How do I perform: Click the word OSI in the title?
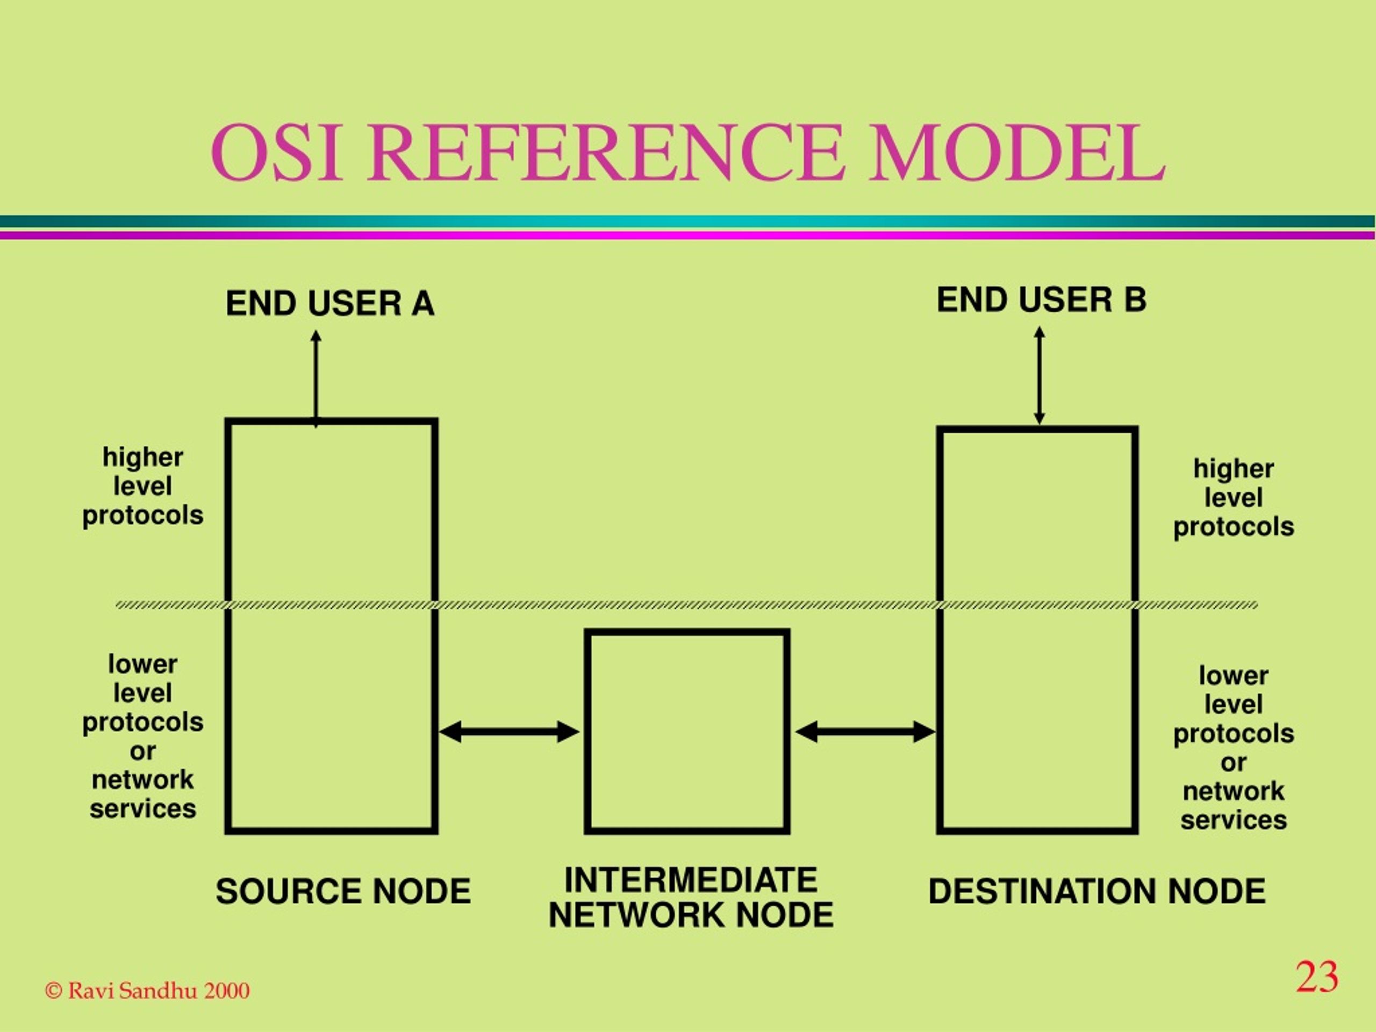[276, 153]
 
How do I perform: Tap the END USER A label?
[329, 304]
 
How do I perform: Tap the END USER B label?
[1041, 300]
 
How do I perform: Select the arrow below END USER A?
[316, 379]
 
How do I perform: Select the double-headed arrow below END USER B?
[1039, 376]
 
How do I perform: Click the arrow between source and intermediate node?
[510, 732]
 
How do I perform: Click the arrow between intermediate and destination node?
[865, 732]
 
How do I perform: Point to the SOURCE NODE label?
[343, 891]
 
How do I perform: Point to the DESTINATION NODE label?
[1096, 891]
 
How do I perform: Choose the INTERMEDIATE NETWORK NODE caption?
[691, 897]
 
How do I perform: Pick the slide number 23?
[1317, 977]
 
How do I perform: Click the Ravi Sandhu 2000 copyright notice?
[147, 990]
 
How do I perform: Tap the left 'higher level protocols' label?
[143, 486]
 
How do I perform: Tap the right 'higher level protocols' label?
[1234, 497]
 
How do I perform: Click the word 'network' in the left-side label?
[142, 779]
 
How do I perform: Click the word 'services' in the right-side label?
[1234, 819]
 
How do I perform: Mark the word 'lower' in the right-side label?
[1234, 675]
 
